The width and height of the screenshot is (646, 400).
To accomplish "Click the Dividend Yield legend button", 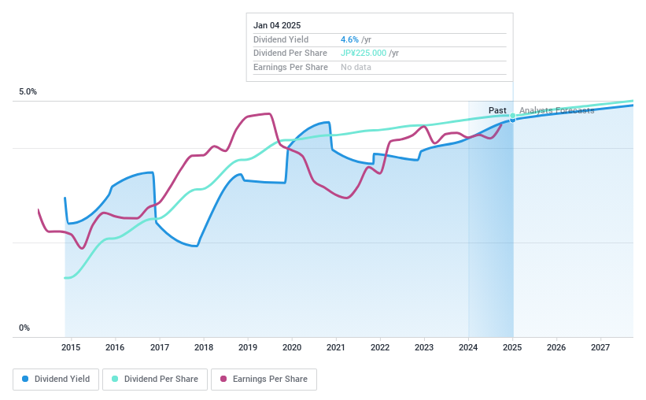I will tap(56, 379).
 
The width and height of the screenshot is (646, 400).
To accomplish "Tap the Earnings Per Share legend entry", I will tap(264, 379).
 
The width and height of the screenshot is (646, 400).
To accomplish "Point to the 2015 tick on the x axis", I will tap(71, 347).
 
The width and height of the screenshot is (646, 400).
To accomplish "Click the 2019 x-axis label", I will tap(248, 347).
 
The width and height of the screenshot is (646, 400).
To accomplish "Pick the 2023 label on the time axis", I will tap(424, 347).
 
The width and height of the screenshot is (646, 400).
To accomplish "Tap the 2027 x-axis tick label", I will tap(600, 347).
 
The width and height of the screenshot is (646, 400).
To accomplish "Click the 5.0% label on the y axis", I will tap(28, 92).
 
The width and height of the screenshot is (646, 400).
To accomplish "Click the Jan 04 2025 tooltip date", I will tap(277, 25).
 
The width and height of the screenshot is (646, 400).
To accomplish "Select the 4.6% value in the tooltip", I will tap(349, 39).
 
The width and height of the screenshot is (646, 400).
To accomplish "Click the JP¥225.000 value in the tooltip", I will tap(363, 54).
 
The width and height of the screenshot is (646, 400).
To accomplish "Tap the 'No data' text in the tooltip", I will tap(356, 68).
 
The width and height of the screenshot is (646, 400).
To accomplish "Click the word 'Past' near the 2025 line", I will tap(497, 110).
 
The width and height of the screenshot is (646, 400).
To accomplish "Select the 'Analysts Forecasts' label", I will tap(556, 110).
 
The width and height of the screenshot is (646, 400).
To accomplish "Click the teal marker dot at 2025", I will tap(513, 117).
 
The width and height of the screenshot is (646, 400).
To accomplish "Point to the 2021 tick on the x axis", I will tap(336, 347).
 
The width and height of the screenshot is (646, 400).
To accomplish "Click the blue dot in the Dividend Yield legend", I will tap(25, 379).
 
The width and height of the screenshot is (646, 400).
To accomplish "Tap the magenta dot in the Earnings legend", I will tap(223, 379).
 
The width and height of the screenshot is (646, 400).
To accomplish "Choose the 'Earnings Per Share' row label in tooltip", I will tap(290, 68).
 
